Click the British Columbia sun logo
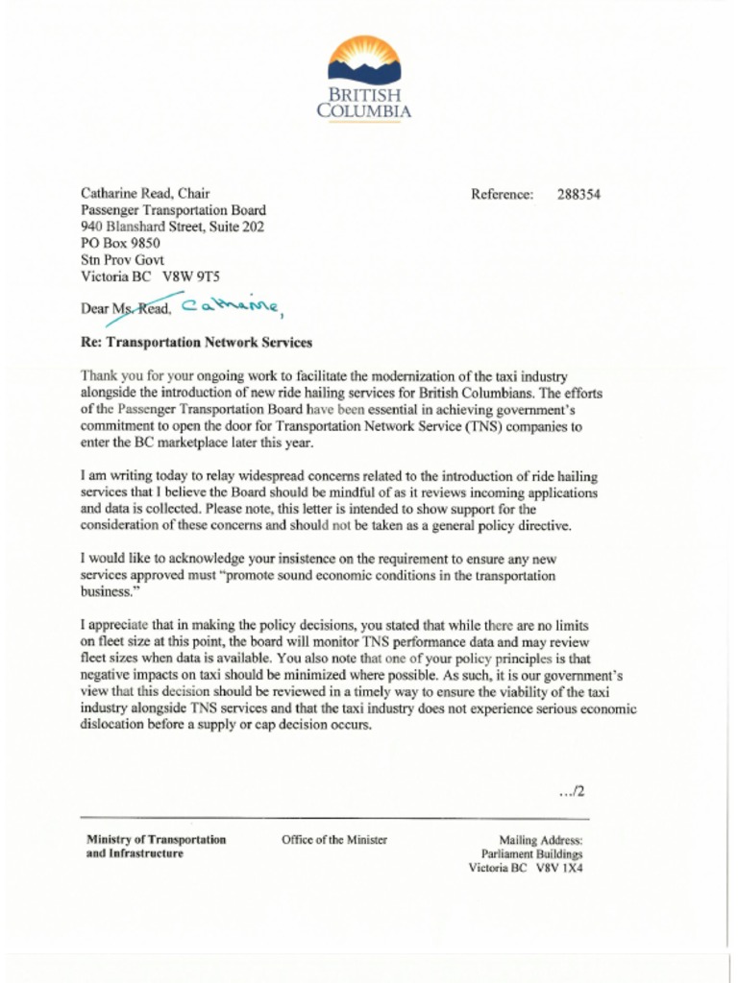(x=364, y=60)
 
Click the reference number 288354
(x=578, y=194)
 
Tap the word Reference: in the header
(x=502, y=194)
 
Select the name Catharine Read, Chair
(x=145, y=194)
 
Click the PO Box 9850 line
(x=120, y=243)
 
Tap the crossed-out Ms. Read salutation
(x=141, y=308)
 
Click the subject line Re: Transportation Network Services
(x=196, y=342)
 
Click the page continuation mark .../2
(x=572, y=792)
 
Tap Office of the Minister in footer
(x=334, y=840)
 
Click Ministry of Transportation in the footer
(x=157, y=840)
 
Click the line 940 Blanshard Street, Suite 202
(x=172, y=227)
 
